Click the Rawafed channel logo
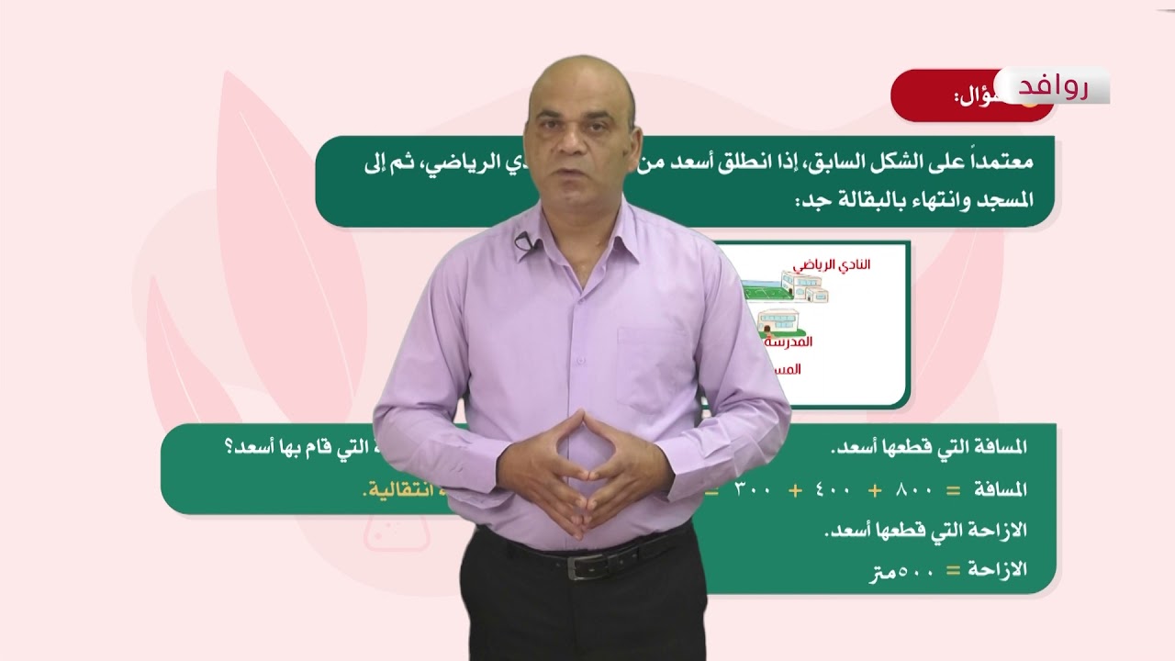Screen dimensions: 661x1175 (x=1054, y=86)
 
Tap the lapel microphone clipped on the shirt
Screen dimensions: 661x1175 (x=523, y=242)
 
